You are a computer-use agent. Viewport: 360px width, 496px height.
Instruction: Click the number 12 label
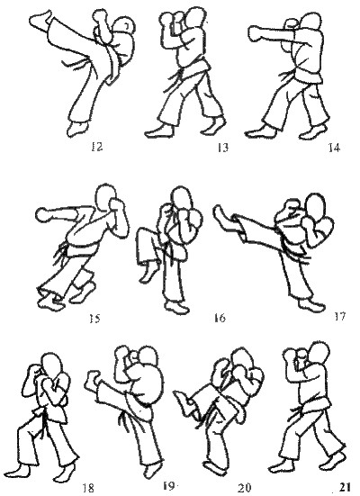click(97, 147)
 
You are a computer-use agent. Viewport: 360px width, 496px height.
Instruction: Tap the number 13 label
click(222, 148)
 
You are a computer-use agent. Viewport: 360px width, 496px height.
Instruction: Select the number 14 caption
click(334, 148)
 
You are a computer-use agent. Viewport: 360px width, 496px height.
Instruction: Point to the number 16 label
click(220, 318)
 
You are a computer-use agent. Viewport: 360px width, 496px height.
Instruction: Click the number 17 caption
click(340, 316)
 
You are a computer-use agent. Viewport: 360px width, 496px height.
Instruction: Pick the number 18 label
click(88, 488)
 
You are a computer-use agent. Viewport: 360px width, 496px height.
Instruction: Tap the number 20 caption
click(245, 488)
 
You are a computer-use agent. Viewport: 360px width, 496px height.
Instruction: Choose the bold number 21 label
click(345, 488)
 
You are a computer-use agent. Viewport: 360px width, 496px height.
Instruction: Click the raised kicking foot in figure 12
click(40, 20)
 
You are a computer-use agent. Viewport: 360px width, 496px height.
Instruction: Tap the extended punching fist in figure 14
click(256, 33)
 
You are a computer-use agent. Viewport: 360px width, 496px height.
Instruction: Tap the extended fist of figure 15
click(45, 215)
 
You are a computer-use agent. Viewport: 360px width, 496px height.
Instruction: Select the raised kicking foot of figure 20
click(184, 400)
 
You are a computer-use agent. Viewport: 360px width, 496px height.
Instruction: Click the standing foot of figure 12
click(77, 129)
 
